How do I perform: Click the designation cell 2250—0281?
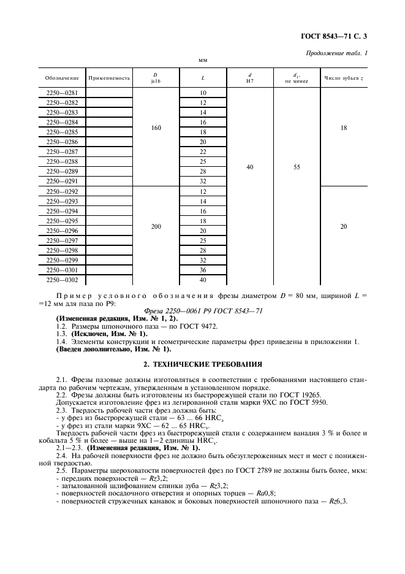(62, 93)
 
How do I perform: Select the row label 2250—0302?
(62, 280)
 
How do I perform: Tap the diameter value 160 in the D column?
(156, 128)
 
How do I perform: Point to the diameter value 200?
(156, 226)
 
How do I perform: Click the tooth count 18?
(343, 128)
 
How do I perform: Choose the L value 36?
(203, 270)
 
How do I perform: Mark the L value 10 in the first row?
(203, 93)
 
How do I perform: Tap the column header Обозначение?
(62, 78)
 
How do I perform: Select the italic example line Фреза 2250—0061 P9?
(202, 311)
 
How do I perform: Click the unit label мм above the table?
(203, 61)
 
